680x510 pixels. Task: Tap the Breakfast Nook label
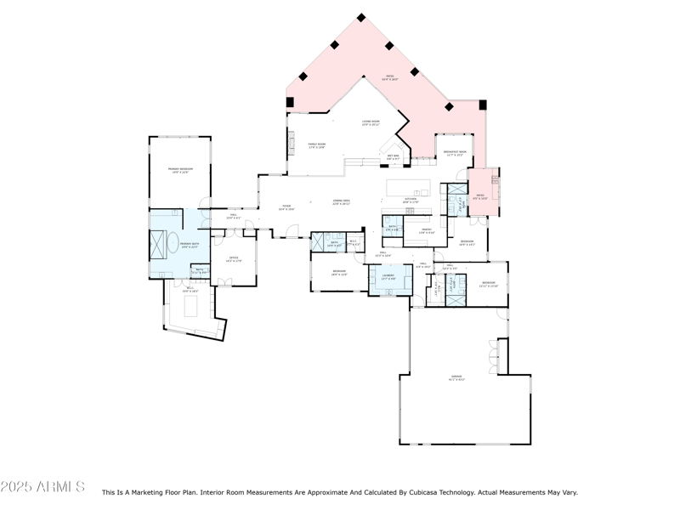(457, 154)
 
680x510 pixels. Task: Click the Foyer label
(286, 207)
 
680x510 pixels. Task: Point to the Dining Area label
(342, 202)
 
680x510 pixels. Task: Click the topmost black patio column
(361, 17)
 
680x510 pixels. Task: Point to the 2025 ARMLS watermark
(42, 487)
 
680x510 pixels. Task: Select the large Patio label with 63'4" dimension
(391, 78)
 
